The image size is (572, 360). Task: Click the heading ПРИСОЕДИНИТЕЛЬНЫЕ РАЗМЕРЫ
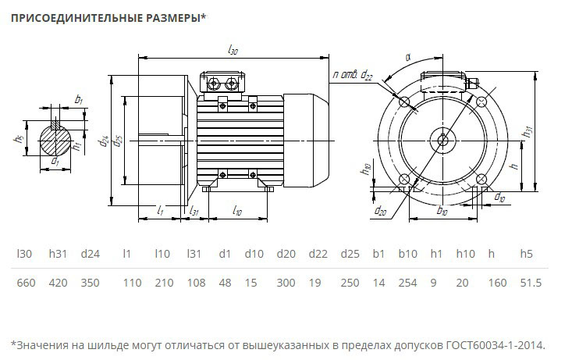tap(107, 17)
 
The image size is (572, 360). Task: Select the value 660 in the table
tap(26, 283)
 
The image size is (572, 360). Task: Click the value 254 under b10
tap(408, 283)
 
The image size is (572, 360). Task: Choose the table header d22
tap(318, 254)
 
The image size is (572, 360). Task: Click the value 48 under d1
tap(225, 283)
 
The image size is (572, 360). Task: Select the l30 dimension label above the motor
tap(233, 49)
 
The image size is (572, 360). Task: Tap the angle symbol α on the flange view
tap(408, 56)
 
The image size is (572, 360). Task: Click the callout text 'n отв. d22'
tap(352, 74)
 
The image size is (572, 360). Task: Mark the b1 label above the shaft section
tap(79, 100)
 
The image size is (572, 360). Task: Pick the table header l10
tap(162, 254)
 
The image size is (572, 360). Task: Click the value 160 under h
tap(492, 283)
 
